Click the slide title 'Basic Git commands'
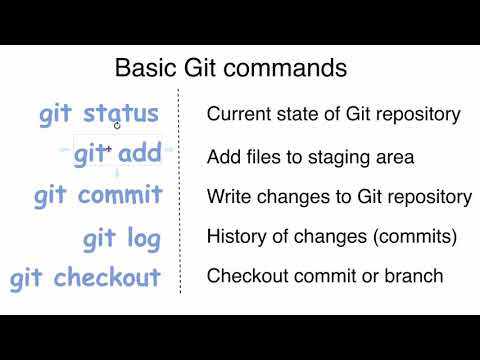click(231, 69)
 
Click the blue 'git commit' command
click(97, 193)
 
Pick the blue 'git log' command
click(121, 238)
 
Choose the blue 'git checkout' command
click(86, 277)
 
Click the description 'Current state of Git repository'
click(333, 114)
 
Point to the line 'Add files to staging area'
click(310, 157)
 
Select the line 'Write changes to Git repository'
click(339, 197)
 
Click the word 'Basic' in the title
click(143, 69)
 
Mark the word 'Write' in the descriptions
click(227, 197)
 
